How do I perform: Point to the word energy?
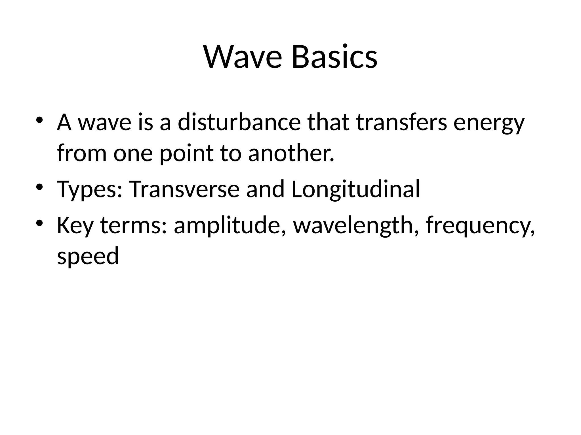(489, 125)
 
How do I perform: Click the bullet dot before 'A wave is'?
(39, 120)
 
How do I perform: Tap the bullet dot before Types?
(39, 187)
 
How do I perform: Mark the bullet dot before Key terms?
(39, 223)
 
